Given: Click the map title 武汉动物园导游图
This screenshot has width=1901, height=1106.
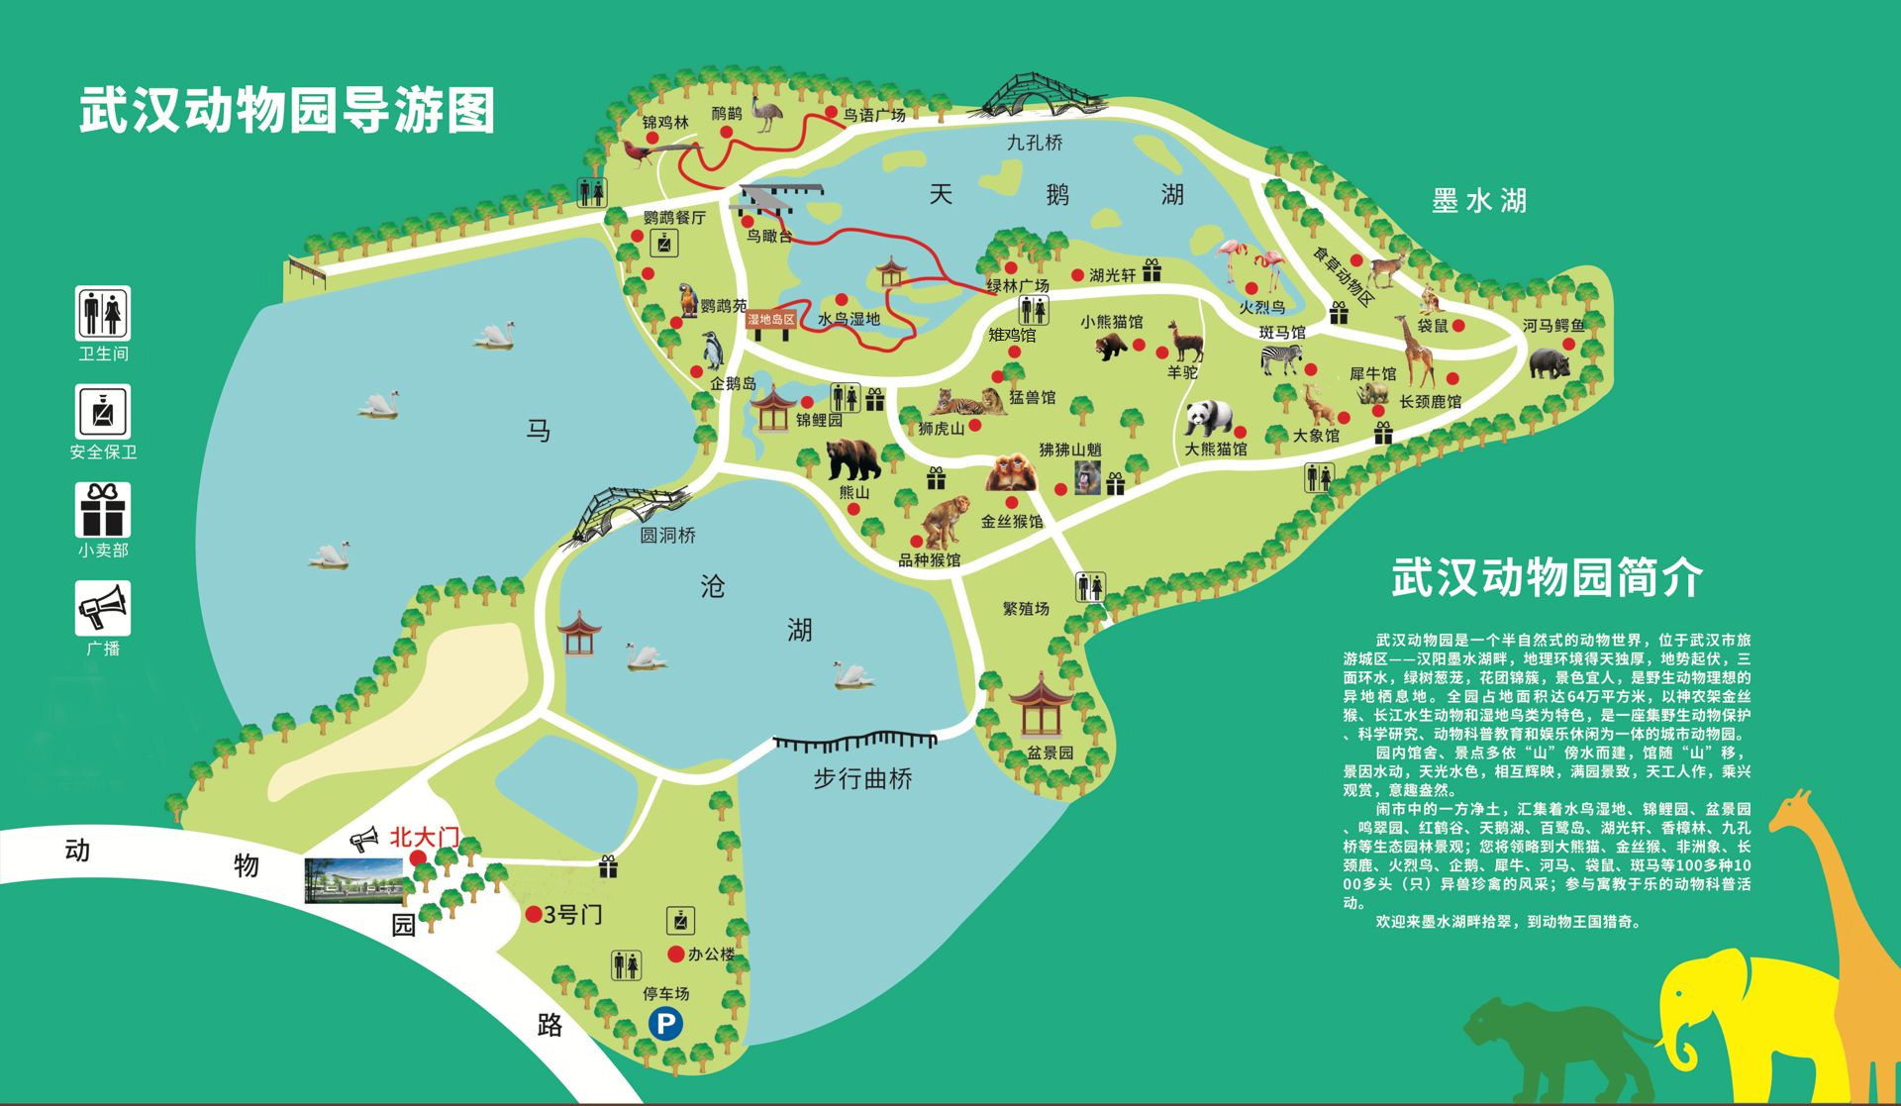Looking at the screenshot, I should pyautogui.click(x=287, y=110).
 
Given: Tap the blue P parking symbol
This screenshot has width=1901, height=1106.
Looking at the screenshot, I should pyautogui.click(x=665, y=1024).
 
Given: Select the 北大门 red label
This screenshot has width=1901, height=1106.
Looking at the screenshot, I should pyautogui.click(x=424, y=838).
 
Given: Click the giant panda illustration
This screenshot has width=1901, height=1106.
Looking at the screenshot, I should pyautogui.click(x=1208, y=419).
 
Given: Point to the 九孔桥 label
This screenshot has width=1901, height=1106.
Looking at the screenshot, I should pyautogui.click(x=1035, y=143).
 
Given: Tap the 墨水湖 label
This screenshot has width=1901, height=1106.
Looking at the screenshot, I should pyautogui.click(x=1479, y=201).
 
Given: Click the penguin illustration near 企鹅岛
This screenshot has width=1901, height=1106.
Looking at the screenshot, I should pyautogui.click(x=713, y=351).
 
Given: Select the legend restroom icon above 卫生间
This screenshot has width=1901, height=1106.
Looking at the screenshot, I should pyautogui.click(x=103, y=313).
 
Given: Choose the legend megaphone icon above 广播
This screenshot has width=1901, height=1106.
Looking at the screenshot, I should pyautogui.click(x=103, y=608).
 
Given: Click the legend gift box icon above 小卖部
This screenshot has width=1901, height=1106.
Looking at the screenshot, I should pyautogui.click(x=103, y=510).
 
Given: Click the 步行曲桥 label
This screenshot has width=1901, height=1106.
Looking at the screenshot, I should pyautogui.click(x=862, y=779).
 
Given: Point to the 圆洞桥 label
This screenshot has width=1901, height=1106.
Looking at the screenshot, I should pyautogui.click(x=667, y=536).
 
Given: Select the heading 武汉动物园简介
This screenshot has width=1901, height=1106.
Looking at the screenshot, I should pyautogui.click(x=1548, y=577).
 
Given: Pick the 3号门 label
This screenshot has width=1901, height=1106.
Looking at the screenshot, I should pyautogui.click(x=572, y=914).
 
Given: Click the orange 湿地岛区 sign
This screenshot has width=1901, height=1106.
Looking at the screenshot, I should pyautogui.click(x=770, y=319).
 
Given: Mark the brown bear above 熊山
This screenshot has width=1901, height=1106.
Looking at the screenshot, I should pyautogui.click(x=852, y=459).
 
